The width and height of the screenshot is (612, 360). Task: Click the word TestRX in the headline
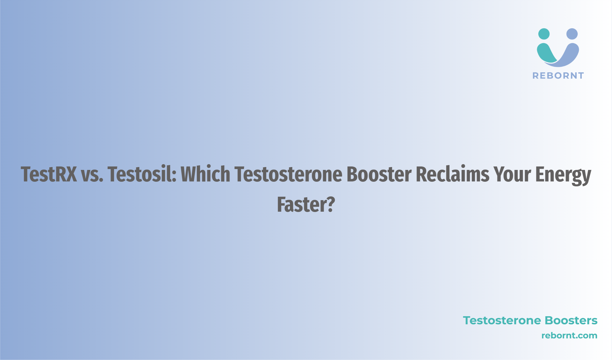[x=49, y=174]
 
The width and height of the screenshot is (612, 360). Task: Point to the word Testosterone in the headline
[x=288, y=174]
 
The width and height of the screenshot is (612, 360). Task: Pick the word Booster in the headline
[x=379, y=174]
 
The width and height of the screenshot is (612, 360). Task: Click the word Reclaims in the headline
[x=453, y=174]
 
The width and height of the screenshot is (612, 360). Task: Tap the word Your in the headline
[x=512, y=174]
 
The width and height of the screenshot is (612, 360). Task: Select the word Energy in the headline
[x=563, y=176]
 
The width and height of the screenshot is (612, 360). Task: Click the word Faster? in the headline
[x=306, y=204]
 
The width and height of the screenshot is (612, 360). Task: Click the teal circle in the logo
[x=544, y=34]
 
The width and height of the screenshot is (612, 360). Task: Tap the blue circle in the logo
[x=572, y=34]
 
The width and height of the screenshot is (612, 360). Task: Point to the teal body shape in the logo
[x=546, y=53]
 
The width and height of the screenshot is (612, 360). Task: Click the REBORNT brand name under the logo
[x=558, y=76]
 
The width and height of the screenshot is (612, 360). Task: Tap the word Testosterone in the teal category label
[x=501, y=321]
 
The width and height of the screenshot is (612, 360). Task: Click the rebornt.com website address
[x=569, y=336]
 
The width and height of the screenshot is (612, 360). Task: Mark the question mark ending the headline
[x=331, y=204]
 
